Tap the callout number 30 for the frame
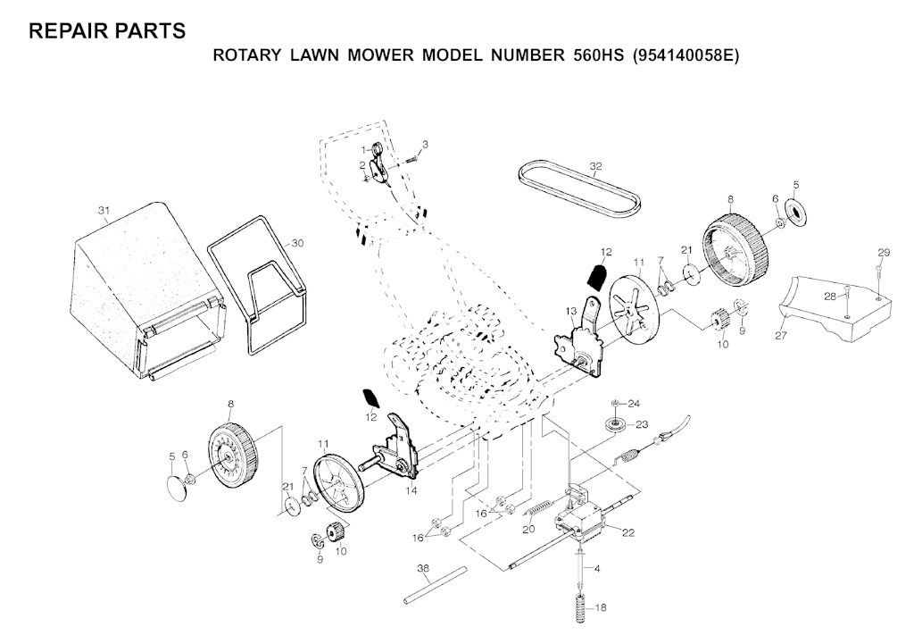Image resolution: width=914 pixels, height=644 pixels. coord(297,243)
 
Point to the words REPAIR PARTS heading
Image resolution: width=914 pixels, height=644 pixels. coord(107,30)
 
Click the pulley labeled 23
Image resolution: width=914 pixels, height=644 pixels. coord(614,423)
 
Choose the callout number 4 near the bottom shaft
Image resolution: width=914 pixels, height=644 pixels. coord(597,568)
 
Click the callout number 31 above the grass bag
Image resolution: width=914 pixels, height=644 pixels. coord(103,211)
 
